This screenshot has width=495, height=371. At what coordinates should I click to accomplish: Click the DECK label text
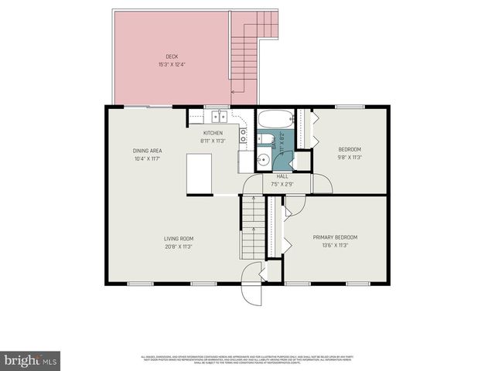click(172, 56)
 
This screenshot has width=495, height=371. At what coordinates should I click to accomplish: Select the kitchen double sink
click(219, 117)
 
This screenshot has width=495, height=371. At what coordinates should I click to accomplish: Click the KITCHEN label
click(213, 133)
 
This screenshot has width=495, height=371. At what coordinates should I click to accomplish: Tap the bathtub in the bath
click(275, 121)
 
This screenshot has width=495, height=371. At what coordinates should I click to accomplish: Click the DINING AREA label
click(146, 151)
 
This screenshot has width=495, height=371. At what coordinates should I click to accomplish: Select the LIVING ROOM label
click(178, 239)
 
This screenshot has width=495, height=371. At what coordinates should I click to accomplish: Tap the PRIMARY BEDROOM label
click(335, 237)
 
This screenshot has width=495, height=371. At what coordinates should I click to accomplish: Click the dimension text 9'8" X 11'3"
click(350, 157)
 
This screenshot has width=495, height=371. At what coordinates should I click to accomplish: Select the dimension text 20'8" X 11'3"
click(177, 247)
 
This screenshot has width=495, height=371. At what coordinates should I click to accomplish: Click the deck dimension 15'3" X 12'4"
click(171, 63)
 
